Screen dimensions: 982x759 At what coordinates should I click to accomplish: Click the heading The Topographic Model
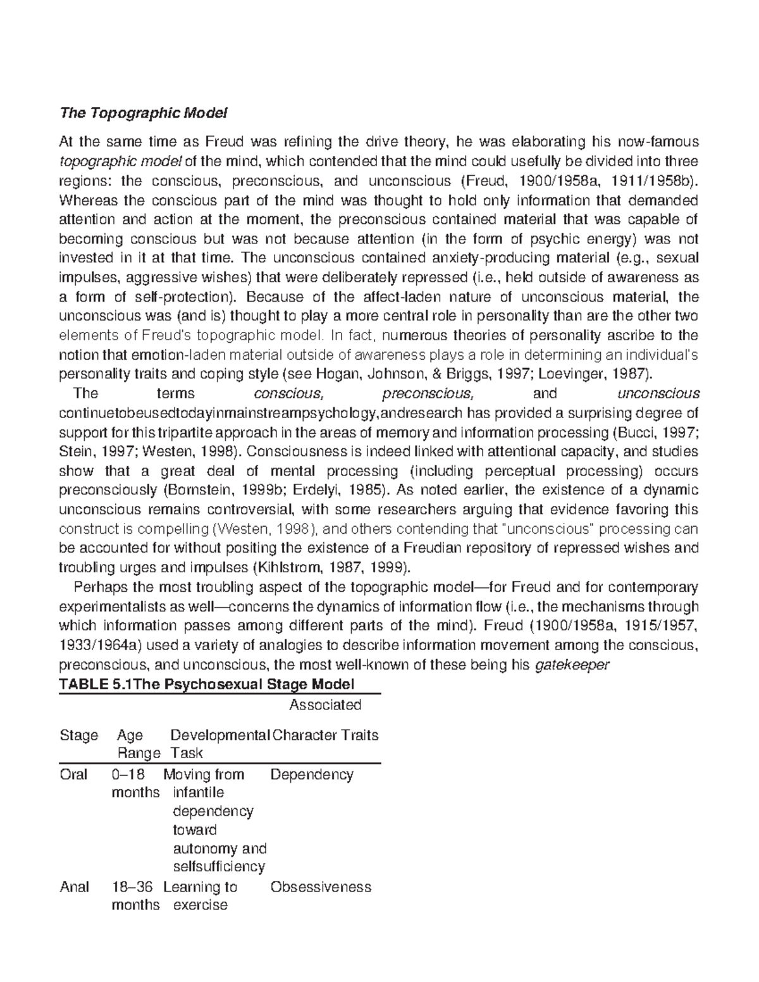point(142,114)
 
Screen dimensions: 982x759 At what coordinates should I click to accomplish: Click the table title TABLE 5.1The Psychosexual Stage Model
point(206,684)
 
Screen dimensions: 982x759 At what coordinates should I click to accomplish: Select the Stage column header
point(78,735)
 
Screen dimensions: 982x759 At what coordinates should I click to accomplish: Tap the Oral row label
point(73,775)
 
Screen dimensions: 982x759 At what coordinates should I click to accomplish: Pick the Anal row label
point(74,887)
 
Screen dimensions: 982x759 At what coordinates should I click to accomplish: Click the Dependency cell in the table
point(311,775)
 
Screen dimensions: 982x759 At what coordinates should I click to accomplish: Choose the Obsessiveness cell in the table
point(321,887)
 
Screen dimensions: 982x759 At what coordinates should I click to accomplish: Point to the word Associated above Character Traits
point(324,705)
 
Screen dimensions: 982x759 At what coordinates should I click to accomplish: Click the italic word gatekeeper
point(572,665)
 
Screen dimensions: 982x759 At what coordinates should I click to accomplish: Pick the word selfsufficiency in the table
point(218,866)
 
